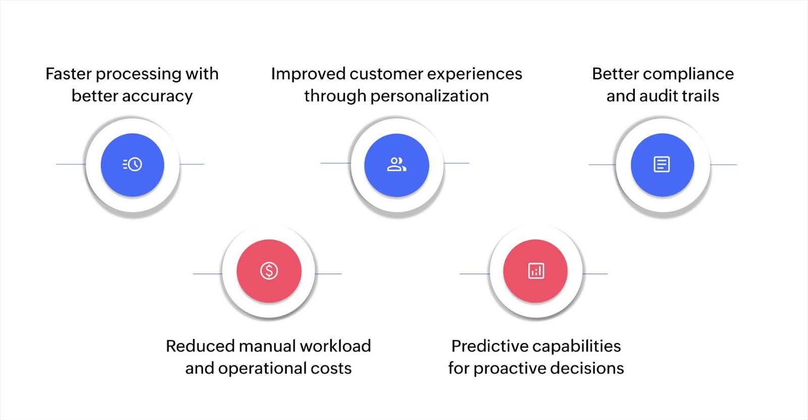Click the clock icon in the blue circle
click(x=132, y=164)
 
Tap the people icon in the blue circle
click(x=396, y=164)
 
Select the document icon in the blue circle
click(x=662, y=164)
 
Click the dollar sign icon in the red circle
click(x=269, y=271)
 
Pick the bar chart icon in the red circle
click(x=536, y=271)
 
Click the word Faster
click(x=69, y=74)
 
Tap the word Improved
click(x=308, y=74)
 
